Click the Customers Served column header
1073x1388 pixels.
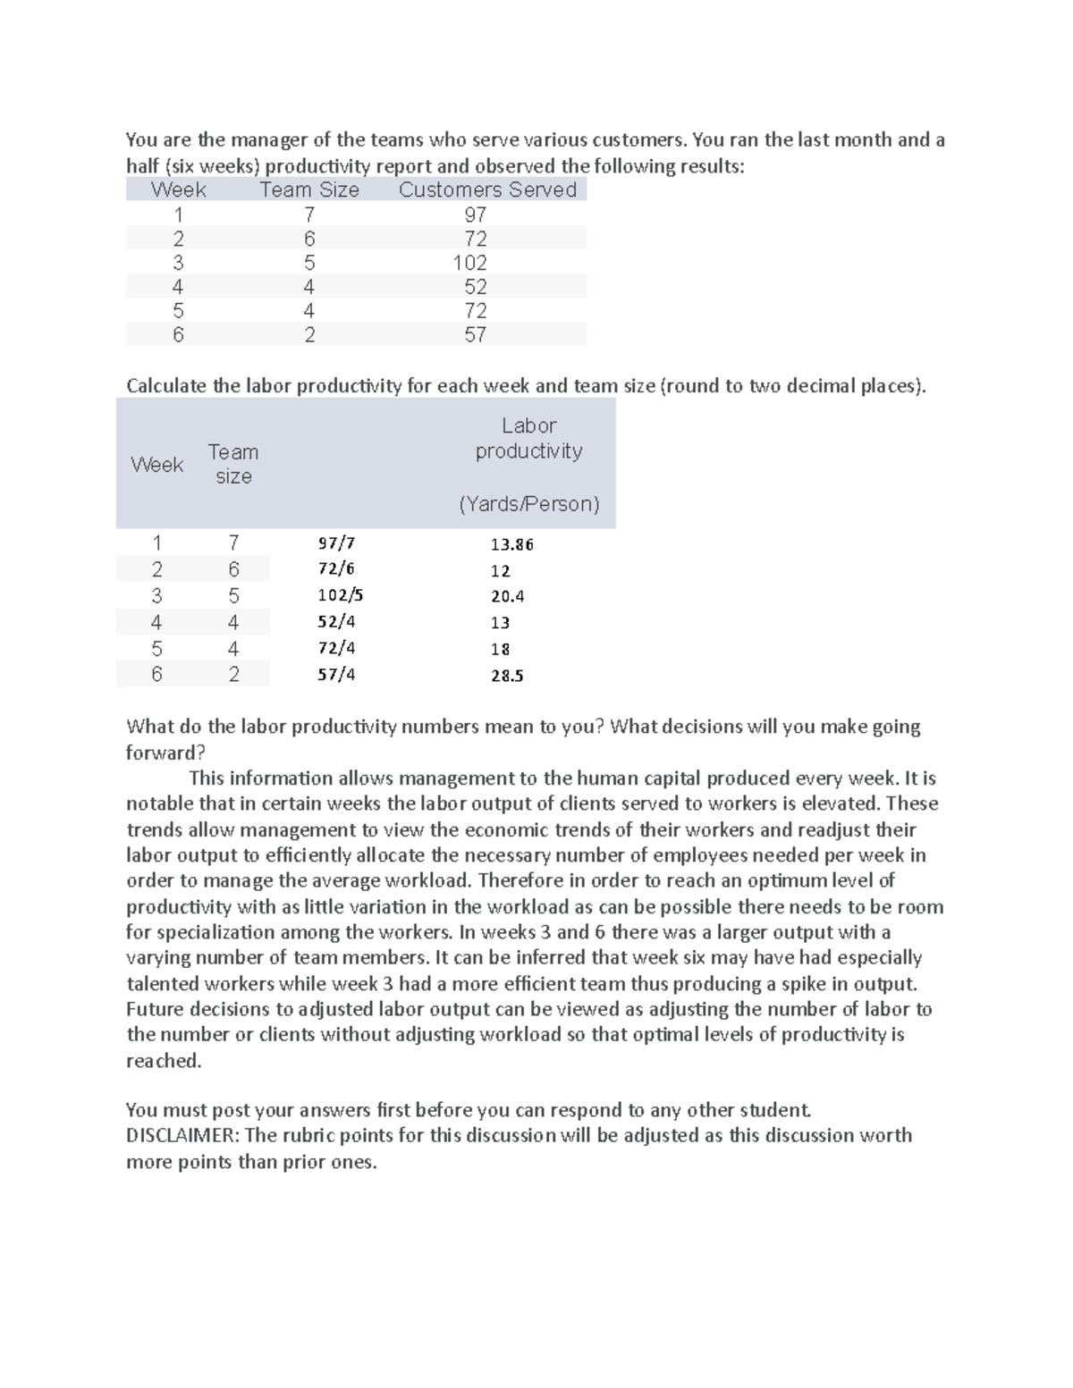487,189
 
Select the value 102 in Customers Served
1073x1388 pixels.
469,263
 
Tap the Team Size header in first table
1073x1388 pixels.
309,189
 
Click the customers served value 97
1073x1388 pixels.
475,215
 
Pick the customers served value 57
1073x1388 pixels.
475,335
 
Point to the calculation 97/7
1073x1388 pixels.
336,543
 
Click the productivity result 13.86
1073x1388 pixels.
511,544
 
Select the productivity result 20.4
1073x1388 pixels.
507,596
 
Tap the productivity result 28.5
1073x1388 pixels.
507,676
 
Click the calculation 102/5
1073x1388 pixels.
341,595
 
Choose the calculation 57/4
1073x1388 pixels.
336,674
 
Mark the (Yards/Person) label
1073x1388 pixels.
528,504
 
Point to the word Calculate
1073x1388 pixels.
167,386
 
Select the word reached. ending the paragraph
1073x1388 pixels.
164,1061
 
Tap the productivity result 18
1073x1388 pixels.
500,650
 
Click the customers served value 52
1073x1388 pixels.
475,287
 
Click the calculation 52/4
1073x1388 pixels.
336,621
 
